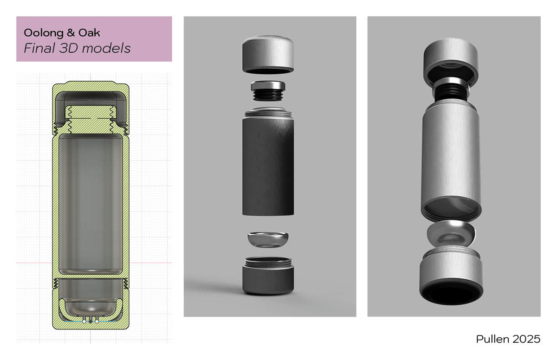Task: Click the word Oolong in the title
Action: click(44, 33)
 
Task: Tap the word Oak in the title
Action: click(89, 32)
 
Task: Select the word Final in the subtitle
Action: click(39, 48)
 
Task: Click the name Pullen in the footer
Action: click(492, 339)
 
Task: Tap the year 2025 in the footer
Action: click(526, 339)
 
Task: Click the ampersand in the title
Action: click(71, 33)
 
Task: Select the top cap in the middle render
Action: click(268, 55)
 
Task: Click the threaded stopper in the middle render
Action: click(268, 90)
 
